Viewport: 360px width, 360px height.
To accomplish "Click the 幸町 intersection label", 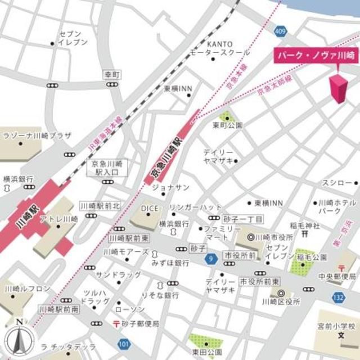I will pyautogui.click(x=112, y=74).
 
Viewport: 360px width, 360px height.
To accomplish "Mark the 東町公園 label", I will pyautogui.click(x=227, y=125).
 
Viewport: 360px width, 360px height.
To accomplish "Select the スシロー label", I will pyautogui.click(x=337, y=183).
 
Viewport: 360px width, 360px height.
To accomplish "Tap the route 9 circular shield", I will pyautogui.click(x=210, y=258).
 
